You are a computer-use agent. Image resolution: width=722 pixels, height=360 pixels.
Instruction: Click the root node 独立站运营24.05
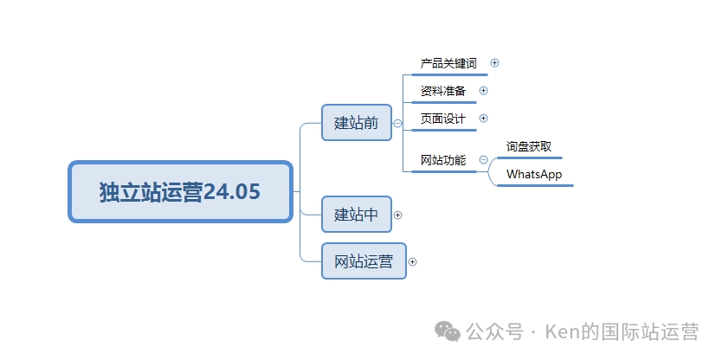180,191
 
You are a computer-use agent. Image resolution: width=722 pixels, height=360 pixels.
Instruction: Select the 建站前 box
357,123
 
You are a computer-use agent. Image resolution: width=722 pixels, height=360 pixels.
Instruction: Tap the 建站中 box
357,215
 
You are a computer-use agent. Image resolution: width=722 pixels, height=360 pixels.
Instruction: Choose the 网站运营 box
364,261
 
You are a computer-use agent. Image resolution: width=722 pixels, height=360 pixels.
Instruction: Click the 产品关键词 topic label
448,63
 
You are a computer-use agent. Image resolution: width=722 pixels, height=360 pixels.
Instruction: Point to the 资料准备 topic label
443,91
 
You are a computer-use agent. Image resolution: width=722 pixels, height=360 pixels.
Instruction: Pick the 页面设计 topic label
443,119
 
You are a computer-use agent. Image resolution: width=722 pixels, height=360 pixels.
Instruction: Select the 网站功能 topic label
443,160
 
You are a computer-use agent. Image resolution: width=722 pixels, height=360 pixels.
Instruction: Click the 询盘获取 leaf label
529,146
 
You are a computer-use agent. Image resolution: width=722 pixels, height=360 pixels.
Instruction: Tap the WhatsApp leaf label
534,174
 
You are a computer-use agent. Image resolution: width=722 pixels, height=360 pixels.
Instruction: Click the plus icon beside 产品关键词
495,62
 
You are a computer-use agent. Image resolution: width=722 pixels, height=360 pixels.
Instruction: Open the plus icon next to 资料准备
484,90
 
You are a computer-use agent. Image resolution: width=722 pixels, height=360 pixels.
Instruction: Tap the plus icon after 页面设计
484,118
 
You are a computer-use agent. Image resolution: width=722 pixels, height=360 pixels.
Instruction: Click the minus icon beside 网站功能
483,159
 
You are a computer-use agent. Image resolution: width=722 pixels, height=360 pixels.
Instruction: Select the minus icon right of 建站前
397,123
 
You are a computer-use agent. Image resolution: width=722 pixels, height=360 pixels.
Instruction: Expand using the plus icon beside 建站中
398,215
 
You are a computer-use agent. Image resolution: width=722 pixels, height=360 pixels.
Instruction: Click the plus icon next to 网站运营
413,261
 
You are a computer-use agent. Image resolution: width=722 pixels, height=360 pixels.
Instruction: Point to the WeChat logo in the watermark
448,332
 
